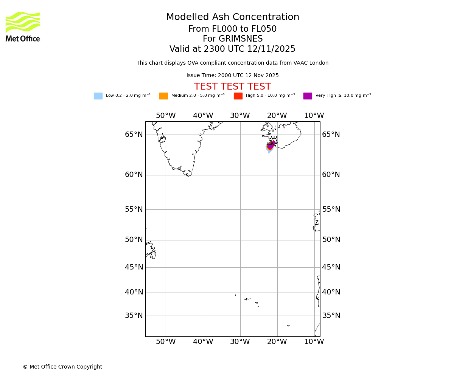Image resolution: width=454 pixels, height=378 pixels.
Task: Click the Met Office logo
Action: click(23, 26)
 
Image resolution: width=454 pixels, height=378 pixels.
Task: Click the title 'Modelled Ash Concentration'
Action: click(233, 17)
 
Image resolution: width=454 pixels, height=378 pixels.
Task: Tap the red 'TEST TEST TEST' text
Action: click(232, 87)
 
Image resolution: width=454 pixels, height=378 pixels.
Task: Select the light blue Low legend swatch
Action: click(98, 96)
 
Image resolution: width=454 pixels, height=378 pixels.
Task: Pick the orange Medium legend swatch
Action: click(163, 96)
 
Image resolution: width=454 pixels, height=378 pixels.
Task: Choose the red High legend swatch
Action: click(238, 96)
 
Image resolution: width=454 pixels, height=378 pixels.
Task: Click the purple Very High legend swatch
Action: click(308, 96)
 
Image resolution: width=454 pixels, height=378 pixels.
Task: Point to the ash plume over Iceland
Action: click(270, 146)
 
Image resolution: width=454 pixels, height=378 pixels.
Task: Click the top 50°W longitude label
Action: click(166, 116)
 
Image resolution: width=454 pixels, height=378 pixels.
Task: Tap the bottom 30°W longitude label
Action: click(240, 342)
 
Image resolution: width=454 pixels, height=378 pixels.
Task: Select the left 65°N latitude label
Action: click(134, 135)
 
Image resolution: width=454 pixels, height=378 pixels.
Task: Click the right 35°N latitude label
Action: click(331, 316)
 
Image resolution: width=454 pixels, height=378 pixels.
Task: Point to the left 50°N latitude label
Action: click(134, 240)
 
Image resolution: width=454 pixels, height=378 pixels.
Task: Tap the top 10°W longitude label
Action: click(314, 116)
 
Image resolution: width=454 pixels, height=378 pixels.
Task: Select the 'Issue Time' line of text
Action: click(232, 76)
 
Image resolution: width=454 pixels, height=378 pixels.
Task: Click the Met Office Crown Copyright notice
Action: click(62, 367)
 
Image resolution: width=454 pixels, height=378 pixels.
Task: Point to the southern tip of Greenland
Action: click(188, 175)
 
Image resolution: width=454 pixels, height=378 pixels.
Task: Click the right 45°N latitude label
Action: click(331, 267)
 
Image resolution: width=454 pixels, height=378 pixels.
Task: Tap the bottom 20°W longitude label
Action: click(277, 342)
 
